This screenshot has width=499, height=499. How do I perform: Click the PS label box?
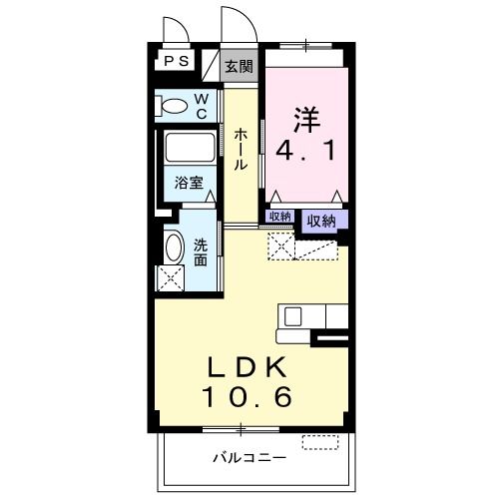[x=176, y=61]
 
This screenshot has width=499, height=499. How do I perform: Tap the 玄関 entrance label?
[x=238, y=67]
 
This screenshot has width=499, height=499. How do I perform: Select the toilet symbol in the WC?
[x=174, y=105]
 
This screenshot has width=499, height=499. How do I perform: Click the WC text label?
[x=201, y=105]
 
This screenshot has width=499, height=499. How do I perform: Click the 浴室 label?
[x=190, y=184]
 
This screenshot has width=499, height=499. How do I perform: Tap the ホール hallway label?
[x=241, y=149]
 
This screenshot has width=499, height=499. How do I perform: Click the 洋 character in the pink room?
[x=305, y=118]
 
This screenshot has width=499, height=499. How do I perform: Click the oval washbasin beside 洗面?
[x=174, y=247]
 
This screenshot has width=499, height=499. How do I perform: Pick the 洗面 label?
[x=201, y=250]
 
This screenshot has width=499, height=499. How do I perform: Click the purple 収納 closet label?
[x=320, y=222]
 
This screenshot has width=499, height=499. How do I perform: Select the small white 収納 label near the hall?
[x=279, y=217]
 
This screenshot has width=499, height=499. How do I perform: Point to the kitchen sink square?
[x=293, y=315]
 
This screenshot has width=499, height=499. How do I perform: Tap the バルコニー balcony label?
[x=249, y=458]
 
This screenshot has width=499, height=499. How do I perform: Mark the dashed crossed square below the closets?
[x=281, y=246]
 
